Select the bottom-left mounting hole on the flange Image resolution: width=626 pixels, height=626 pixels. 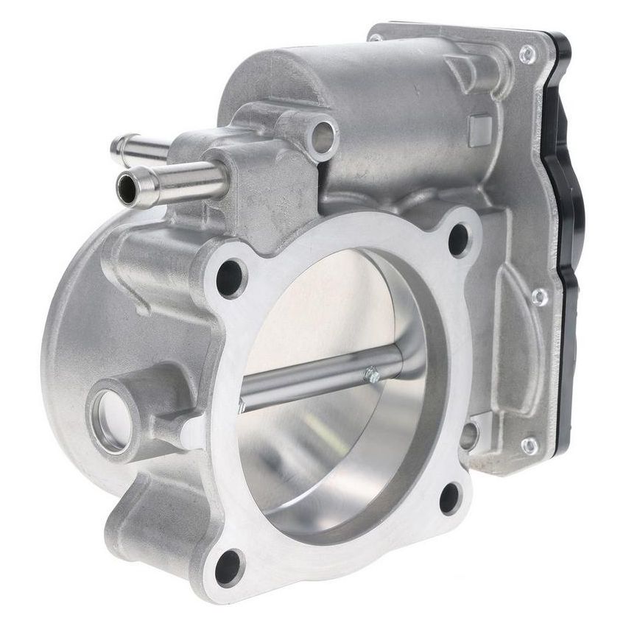pos(228,567)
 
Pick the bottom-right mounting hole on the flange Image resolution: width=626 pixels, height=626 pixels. pos(450,498)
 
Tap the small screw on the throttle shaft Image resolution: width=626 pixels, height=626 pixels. pos(373,376)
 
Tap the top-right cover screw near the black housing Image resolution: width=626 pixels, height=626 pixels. pos(527,53)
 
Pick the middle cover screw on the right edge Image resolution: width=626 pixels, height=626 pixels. pos(540,296)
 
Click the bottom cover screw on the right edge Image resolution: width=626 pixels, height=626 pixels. pos(529,446)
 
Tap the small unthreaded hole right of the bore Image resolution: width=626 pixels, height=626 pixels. pos(469,435)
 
